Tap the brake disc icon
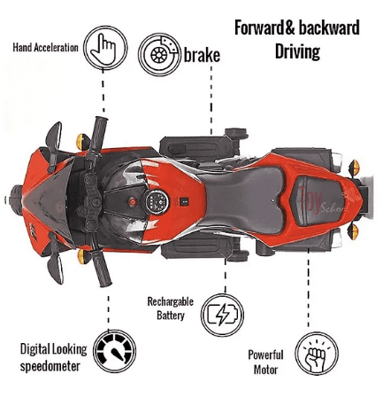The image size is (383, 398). [x=159, y=54]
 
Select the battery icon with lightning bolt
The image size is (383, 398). [x=223, y=314]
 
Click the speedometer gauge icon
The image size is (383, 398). [x=115, y=351]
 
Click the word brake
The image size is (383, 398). [x=202, y=55]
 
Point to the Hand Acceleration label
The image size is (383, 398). [x=45, y=47]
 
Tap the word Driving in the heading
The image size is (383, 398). [x=297, y=51]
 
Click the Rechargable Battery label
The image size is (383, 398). [x=171, y=308]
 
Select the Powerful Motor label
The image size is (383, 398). [x=265, y=362]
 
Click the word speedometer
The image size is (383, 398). [x=50, y=366]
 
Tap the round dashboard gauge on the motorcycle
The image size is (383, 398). [x=157, y=202]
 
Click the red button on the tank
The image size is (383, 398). [x=133, y=202]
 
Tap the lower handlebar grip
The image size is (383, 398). [x=101, y=269]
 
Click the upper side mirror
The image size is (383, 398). [x=54, y=136]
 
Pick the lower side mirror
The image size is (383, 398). [x=56, y=267]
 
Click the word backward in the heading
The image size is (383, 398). [x=329, y=28]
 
